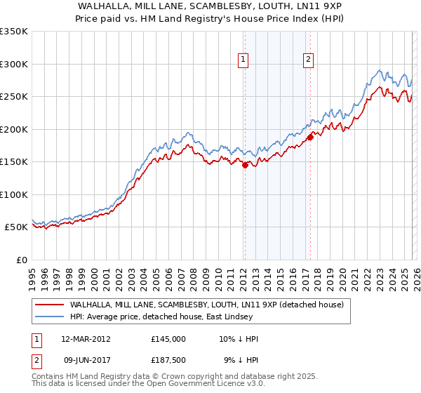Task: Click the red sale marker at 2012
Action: click(x=245, y=166)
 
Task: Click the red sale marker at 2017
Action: click(x=309, y=138)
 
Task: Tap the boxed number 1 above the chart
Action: click(x=243, y=60)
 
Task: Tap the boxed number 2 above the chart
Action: click(x=308, y=60)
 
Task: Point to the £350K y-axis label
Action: click(x=14, y=32)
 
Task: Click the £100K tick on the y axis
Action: click(x=14, y=194)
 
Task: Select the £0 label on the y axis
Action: click(x=21, y=260)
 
